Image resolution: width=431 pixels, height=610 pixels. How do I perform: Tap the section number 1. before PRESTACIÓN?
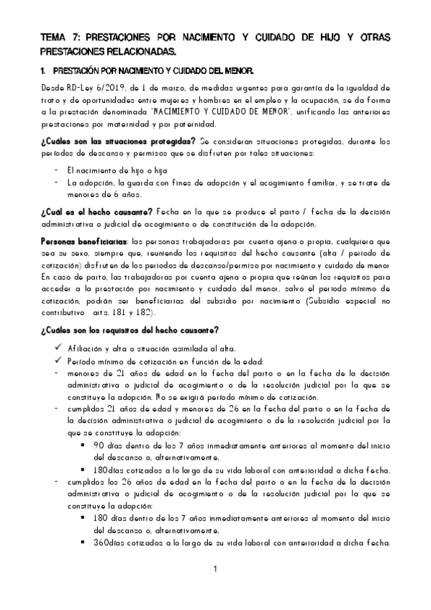coord(44,73)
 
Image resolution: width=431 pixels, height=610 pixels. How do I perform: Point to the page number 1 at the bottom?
coord(214,571)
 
